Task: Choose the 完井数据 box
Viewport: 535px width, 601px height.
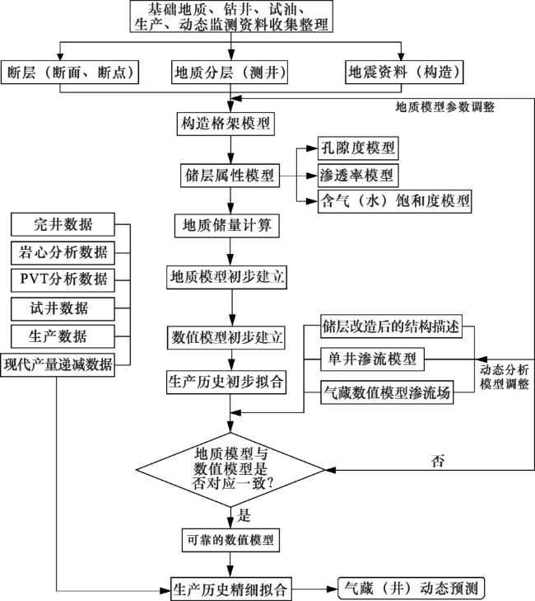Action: [63, 224]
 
